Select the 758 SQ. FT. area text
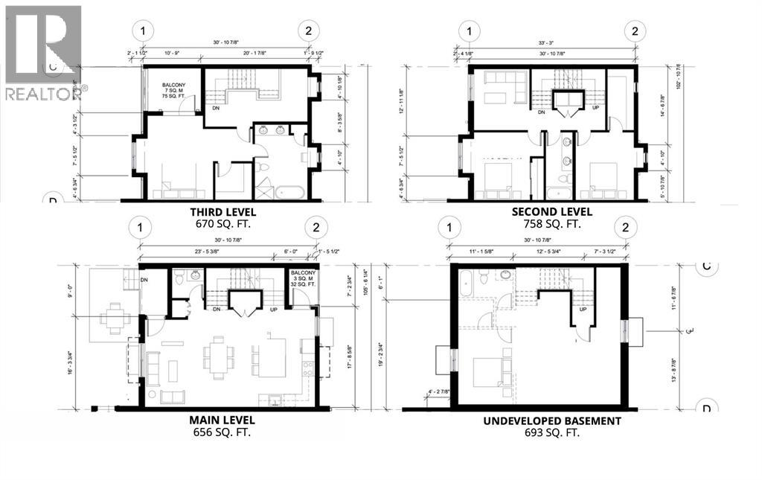[x=542, y=223]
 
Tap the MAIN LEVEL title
[x=223, y=420]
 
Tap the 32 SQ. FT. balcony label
[x=302, y=283]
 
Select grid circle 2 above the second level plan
[x=635, y=31]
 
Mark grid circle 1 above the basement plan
[x=450, y=227]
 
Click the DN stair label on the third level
[x=216, y=107]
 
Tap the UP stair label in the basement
[x=583, y=310]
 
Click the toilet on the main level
[x=179, y=277]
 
